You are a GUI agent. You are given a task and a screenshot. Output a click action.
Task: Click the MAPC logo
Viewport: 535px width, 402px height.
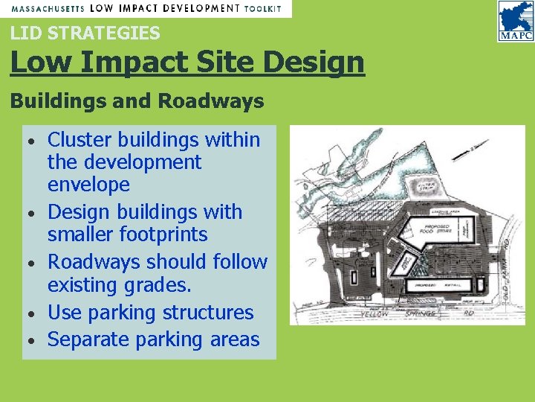515,21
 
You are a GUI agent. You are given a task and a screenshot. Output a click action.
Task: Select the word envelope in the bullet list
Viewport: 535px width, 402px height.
88,185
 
